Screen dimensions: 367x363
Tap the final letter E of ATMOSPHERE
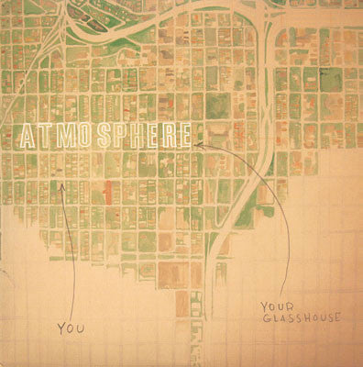tap(184, 137)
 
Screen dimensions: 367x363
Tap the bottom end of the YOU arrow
tap(74, 312)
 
